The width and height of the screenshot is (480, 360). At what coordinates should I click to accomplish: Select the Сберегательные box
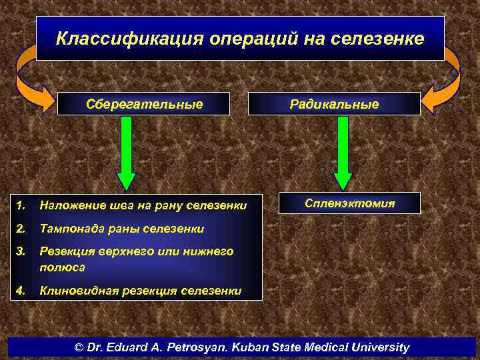tap(143, 104)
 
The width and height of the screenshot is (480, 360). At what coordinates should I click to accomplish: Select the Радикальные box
tap(334, 104)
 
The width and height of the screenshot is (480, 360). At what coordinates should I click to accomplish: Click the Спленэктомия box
tap(350, 203)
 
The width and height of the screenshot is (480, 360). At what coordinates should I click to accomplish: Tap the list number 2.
tap(21, 229)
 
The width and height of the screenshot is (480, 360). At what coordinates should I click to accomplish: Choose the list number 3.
tap(21, 251)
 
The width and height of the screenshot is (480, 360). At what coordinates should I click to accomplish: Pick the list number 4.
tap(21, 290)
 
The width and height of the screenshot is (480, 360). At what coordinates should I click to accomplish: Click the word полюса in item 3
tap(62, 267)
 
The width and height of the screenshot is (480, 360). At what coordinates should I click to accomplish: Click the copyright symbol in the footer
tap(79, 347)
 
